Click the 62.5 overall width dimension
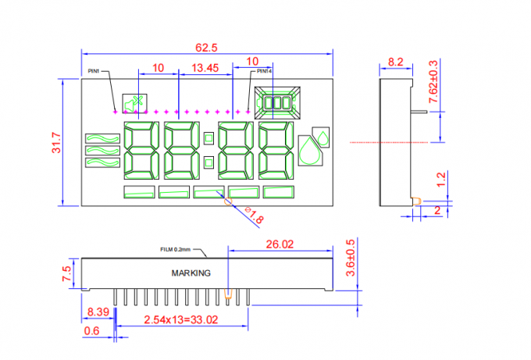coord(206,48)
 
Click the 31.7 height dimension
coord(56,143)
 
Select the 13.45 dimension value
coord(205,68)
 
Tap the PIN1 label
coord(94,71)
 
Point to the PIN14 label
coord(264,71)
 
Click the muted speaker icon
coord(134,103)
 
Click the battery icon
coord(277,102)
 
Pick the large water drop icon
coord(310,151)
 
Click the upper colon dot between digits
coord(209,138)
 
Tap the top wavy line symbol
coord(102,138)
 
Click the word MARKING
coord(191,273)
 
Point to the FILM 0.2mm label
coord(176,250)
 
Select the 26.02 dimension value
coord(280,244)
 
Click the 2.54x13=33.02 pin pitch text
coord(181,319)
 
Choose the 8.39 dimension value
coord(98,312)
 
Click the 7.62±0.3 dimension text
coord(433,82)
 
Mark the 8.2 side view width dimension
coord(396,62)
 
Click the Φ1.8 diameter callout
coord(254,215)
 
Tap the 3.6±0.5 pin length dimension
coord(351,258)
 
